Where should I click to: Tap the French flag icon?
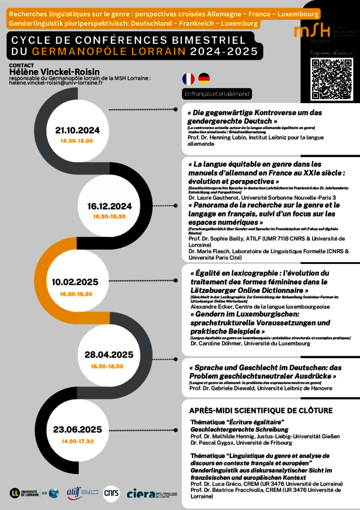pos(188,79)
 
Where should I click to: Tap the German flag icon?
pos(204,79)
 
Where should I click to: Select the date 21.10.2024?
pos(77,130)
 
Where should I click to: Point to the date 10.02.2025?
pos(75,282)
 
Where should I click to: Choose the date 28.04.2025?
pos(109,355)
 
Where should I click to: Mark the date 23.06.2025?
pos(77,430)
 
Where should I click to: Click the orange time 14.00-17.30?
pos(77,441)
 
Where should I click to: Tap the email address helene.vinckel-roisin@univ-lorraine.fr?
pos(56,83)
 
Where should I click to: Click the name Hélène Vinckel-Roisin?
pos(55,72)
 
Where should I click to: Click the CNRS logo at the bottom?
pos(112,493)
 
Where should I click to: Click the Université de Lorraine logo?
pos(27,493)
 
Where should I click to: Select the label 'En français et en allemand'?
pos(217,94)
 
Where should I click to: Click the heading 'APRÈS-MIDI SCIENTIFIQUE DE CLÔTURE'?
pos(260,410)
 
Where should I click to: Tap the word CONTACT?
pos(22,64)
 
